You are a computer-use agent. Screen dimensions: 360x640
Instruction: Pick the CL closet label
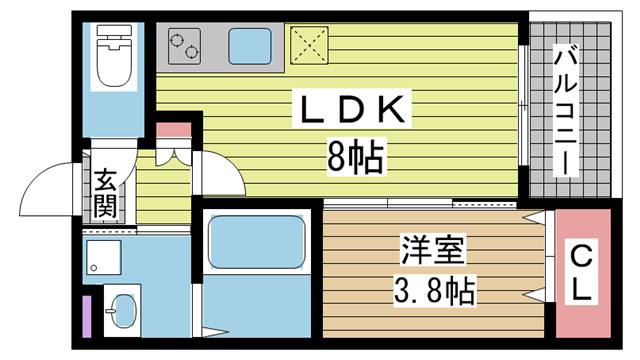[x=582, y=273]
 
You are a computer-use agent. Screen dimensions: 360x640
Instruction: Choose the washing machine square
[x=102, y=257]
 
